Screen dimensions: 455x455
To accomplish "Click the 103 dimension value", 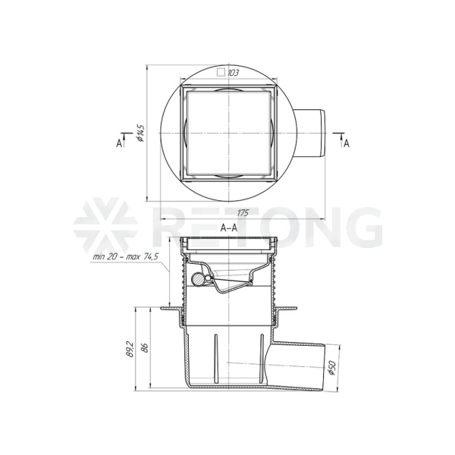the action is (233, 73).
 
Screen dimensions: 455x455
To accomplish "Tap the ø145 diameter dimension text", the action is (140, 133).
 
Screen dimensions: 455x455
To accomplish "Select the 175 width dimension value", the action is (243, 213).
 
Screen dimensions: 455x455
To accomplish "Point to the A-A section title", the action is (229, 227).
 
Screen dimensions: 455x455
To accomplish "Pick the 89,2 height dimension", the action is (130, 349).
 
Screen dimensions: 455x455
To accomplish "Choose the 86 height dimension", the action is (146, 347).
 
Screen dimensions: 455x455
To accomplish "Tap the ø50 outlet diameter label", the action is (333, 368).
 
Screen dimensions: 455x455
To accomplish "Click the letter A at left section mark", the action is (119, 143).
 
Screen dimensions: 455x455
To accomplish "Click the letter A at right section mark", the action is (347, 143).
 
